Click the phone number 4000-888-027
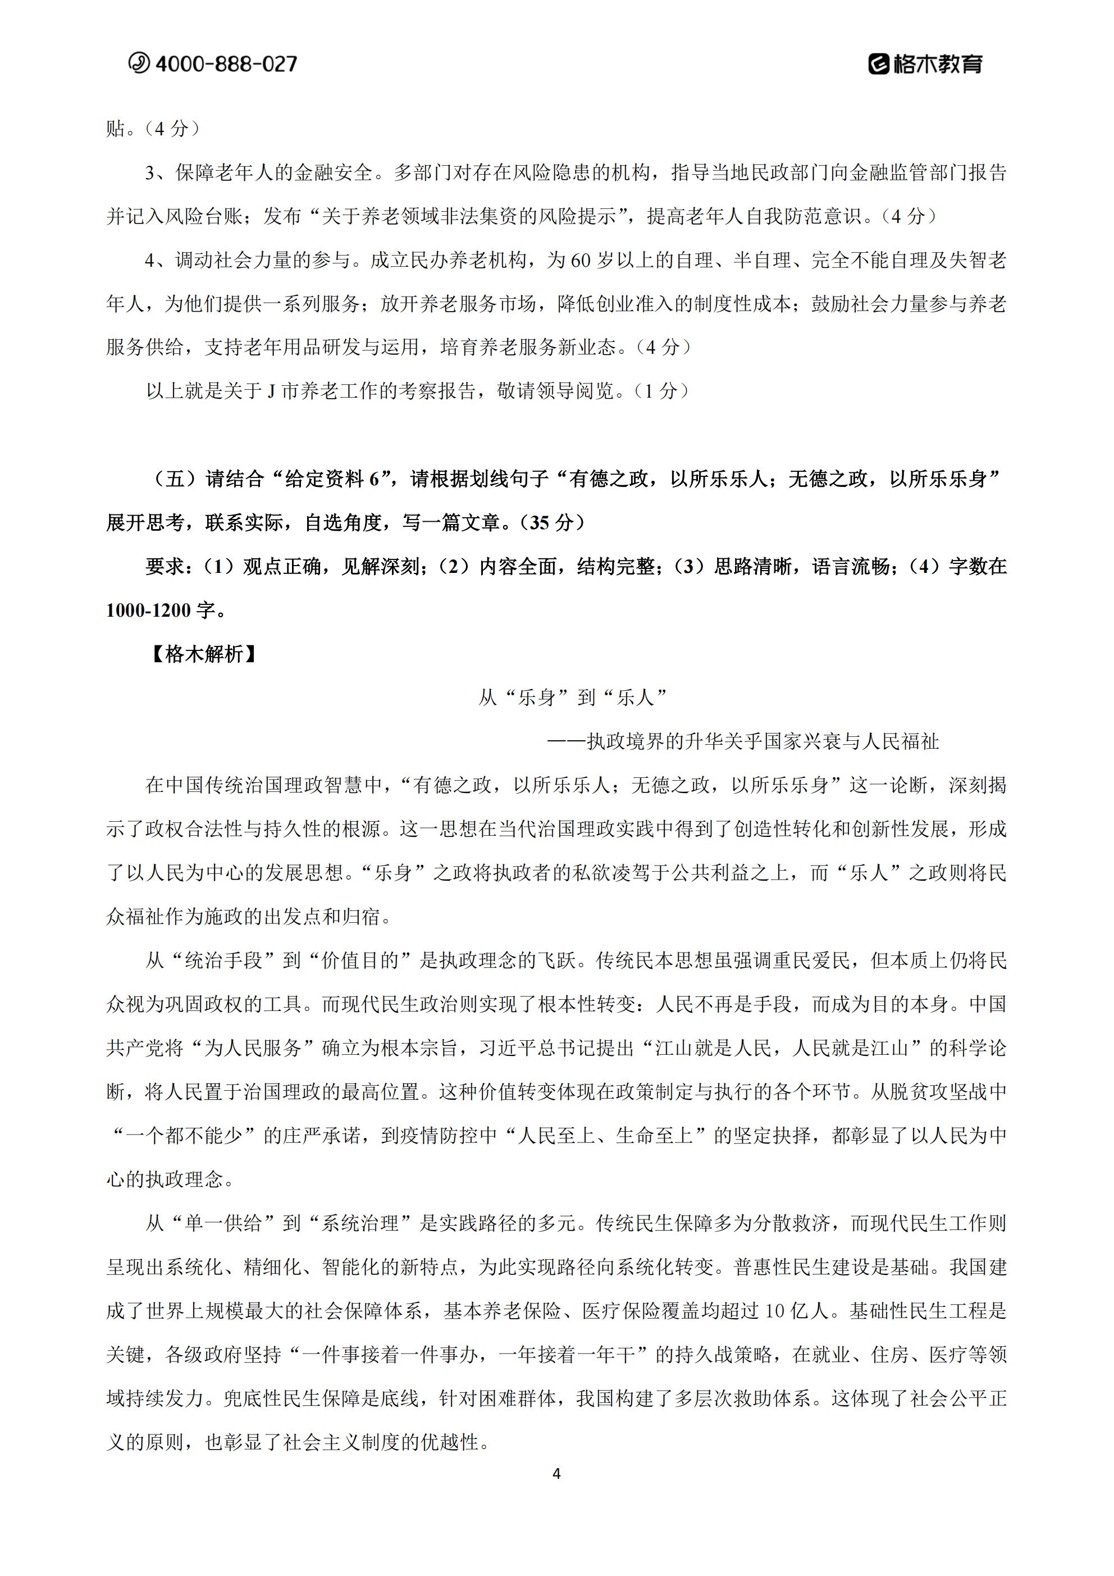point(226,64)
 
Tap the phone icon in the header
point(139,63)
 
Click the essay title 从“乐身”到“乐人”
point(573,698)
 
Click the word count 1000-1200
point(148,610)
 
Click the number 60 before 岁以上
point(580,260)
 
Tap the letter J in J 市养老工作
point(271,391)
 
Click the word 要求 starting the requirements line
point(165,567)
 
